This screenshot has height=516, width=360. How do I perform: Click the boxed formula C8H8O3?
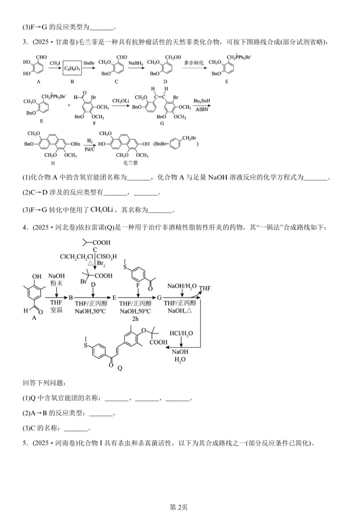click(72, 68)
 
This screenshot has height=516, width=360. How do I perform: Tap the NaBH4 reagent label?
click(136, 63)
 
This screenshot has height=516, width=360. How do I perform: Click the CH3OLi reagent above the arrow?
click(121, 101)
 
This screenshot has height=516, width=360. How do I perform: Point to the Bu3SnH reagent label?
click(202, 101)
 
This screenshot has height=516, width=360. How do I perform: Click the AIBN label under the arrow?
click(202, 109)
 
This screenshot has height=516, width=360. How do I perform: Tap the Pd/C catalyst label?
click(90, 149)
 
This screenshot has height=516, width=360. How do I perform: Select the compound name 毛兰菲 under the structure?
click(130, 163)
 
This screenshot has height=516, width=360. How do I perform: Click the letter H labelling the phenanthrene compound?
click(53, 163)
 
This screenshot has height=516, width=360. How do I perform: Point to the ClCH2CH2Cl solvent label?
click(77, 257)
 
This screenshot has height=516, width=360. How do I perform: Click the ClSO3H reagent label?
click(107, 257)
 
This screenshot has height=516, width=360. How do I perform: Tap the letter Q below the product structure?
click(120, 368)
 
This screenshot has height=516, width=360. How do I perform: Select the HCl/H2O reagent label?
click(181, 333)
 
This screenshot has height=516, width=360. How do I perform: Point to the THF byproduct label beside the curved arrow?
click(205, 288)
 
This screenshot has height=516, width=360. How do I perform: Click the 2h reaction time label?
click(135, 319)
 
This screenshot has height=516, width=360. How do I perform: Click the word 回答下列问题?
click(43, 383)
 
